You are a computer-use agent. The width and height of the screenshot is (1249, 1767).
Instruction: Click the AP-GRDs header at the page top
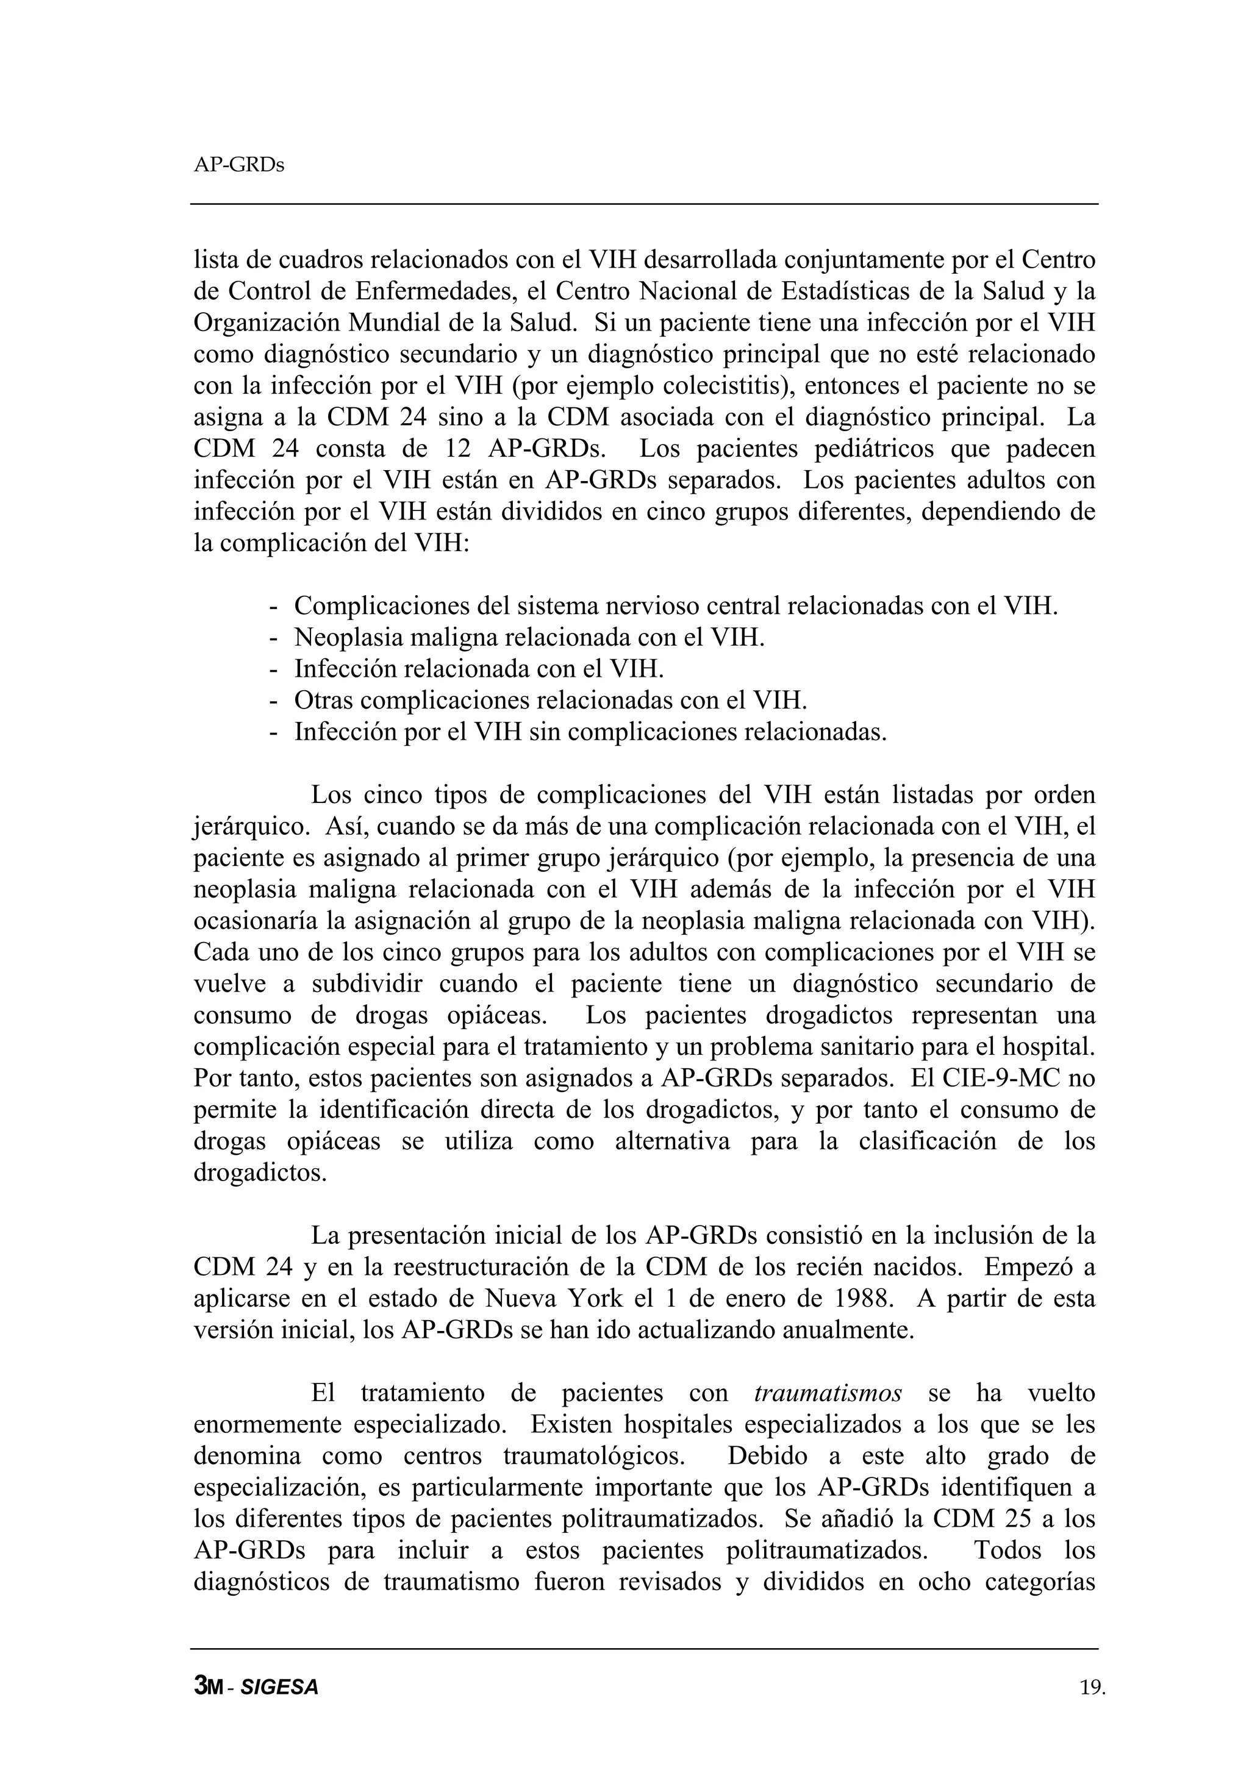[238, 165]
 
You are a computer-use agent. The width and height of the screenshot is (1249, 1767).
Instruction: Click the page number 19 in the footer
[1091, 1688]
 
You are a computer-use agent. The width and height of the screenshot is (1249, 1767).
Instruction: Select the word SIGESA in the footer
[279, 1688]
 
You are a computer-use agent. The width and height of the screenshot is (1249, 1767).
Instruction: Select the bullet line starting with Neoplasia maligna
[529, 637]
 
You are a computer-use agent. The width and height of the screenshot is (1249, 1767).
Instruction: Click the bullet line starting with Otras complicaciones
[550, 701]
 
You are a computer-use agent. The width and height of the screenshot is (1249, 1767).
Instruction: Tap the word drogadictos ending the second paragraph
[260, 1173]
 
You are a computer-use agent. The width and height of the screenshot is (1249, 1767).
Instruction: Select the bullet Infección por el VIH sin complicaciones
[590, 732]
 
